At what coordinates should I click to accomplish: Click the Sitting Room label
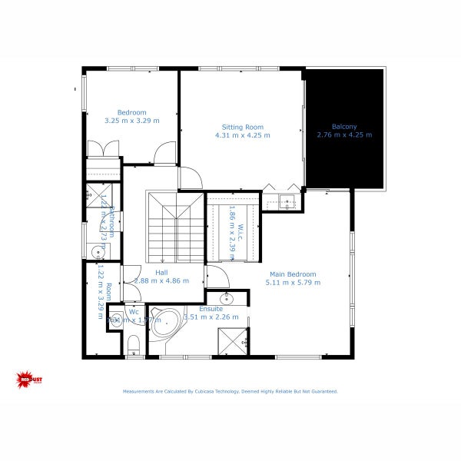[x=243, y=127]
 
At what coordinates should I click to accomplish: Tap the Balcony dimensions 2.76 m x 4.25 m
[x=344, y=135]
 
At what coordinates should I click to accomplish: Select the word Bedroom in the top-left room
[x=131, y=112]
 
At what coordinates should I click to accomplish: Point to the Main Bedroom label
[x=292, y=274]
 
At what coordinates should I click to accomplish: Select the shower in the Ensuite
[x=232, y=340]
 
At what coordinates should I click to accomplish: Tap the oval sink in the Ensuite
[x=227, y=299]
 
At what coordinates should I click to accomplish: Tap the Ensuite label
[x=211, y=308]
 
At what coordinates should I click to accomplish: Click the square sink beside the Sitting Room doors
[x=287, y=202]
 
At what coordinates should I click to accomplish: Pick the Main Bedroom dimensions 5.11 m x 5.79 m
[x=293, y=283]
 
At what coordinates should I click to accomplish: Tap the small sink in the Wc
[x=115, y=321]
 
